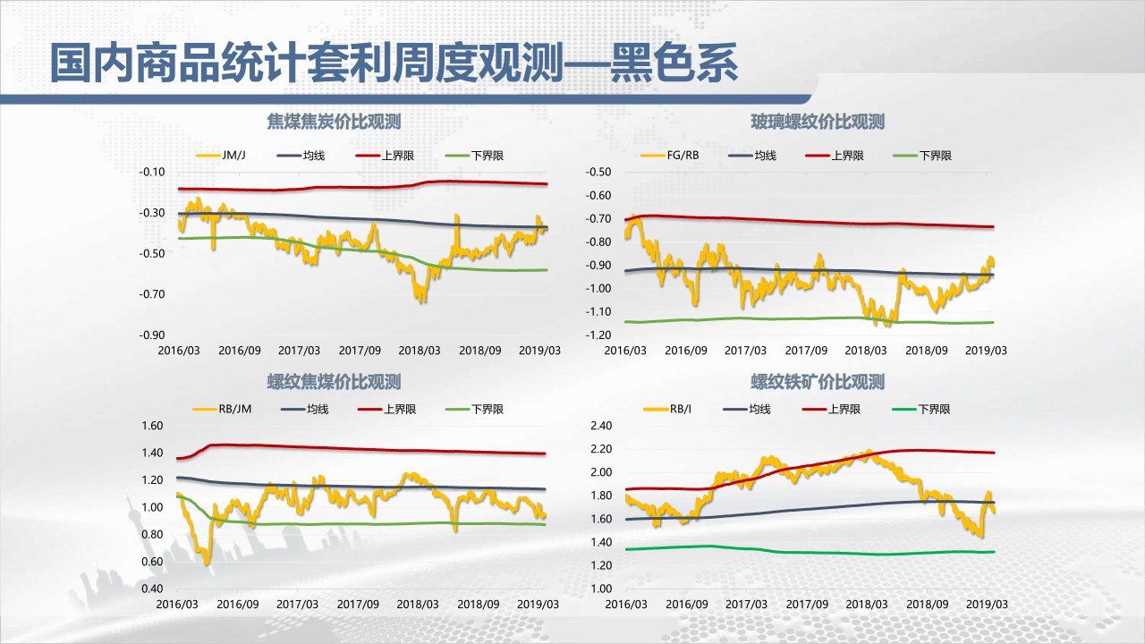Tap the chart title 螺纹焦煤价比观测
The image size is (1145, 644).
pyautogui.click(x=334, y=382)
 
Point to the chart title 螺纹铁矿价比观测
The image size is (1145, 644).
pyautogui.click(x=818, y=382)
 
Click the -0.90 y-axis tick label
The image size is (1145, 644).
pyautogui.click(x=152, y=335)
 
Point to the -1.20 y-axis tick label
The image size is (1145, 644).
pyautogui.click(x=598, y=335)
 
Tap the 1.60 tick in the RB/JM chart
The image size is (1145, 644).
pyautogui.click(x=152, y=426)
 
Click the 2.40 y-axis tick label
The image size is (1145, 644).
pyautogui.click(x=599, y=426)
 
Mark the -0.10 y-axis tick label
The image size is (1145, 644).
pyautogui.click(x=152, y=172)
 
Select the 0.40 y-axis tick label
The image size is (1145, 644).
pyautogui.click(x=152, y=589)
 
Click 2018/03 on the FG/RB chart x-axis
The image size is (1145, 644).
pyautogui.click(x=866, y=351)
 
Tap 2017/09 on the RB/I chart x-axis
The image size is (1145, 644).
pyautogui.click(x=805, y=605)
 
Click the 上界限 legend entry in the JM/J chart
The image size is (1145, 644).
pyautogui.click(x=397, y=156)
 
